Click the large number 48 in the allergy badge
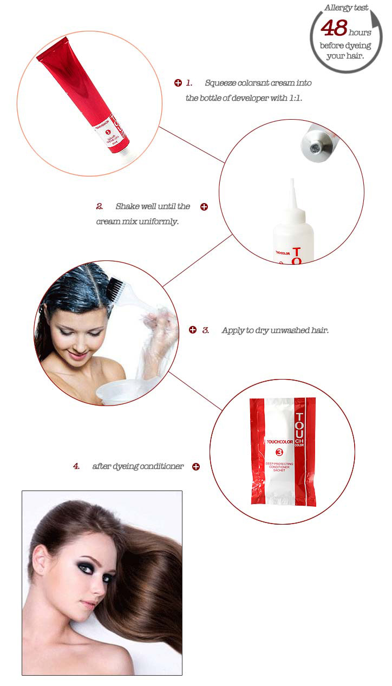334,28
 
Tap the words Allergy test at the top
346,8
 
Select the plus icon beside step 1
178,83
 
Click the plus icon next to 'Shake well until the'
204,207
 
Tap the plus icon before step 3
192,330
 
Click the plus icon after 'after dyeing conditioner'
196,466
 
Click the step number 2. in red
100,206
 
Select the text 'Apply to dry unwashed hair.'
275,330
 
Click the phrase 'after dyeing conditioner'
138,466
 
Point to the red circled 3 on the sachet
280,452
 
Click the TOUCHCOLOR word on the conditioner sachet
280,442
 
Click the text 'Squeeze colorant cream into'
258,83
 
